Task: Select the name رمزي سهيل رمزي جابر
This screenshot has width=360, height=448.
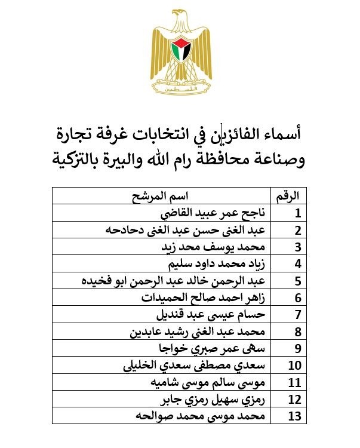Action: pos(213,399)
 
